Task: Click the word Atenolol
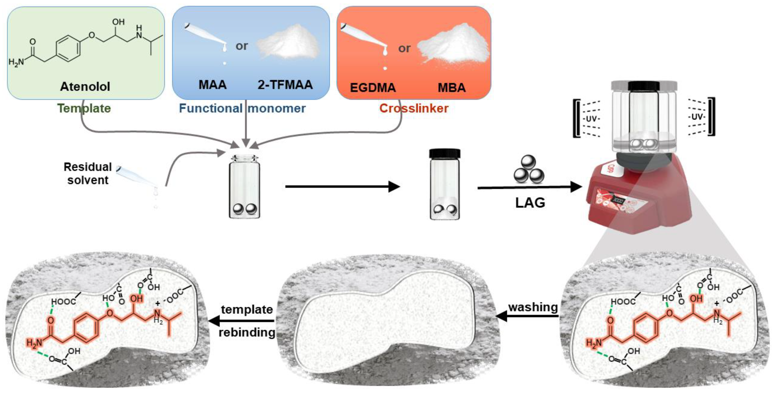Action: [85, 86]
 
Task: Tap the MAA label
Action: [212, 85]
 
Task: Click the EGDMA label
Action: [373, 88]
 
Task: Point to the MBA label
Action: [452, 88]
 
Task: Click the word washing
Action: [533, 307]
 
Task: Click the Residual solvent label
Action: [87, 173]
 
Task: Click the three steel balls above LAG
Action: [529, 170]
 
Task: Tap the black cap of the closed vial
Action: [445, 153]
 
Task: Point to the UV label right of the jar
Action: [697, 117]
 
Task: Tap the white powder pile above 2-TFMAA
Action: [288, 42]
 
